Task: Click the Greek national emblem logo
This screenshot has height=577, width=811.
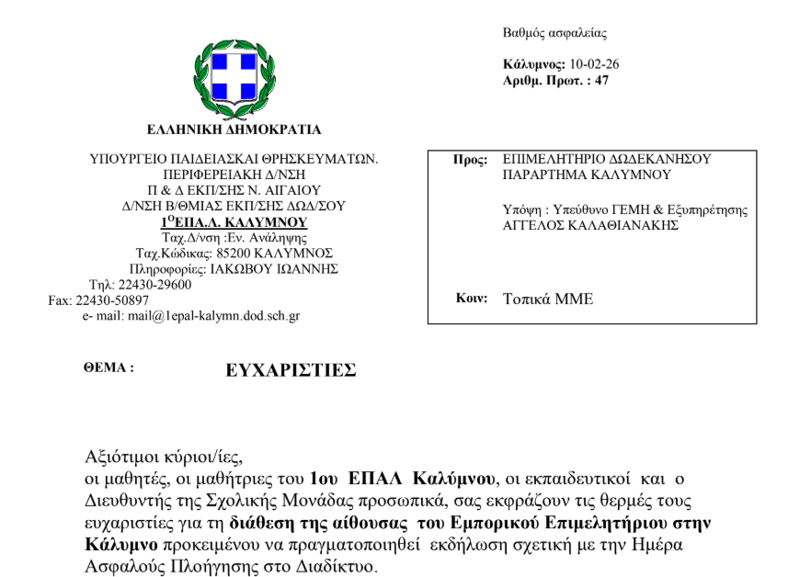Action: click(234, 76)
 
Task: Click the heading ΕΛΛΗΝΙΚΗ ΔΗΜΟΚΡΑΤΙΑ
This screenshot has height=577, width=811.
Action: click(234, 129)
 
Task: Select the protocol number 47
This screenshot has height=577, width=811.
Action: click(602, 81)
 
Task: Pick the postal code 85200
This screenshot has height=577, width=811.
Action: click(229, 253)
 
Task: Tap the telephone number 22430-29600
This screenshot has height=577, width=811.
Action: click(153, 284)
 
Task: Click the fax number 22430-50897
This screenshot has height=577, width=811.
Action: click(106, 300)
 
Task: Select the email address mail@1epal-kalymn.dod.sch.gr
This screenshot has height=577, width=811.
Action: click(213, 315)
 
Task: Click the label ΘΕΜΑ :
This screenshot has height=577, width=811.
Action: click(109, 367)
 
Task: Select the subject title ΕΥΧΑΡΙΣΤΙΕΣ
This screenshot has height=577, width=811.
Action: click(291, 369)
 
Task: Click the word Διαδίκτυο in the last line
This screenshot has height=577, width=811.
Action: click(332, 567)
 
